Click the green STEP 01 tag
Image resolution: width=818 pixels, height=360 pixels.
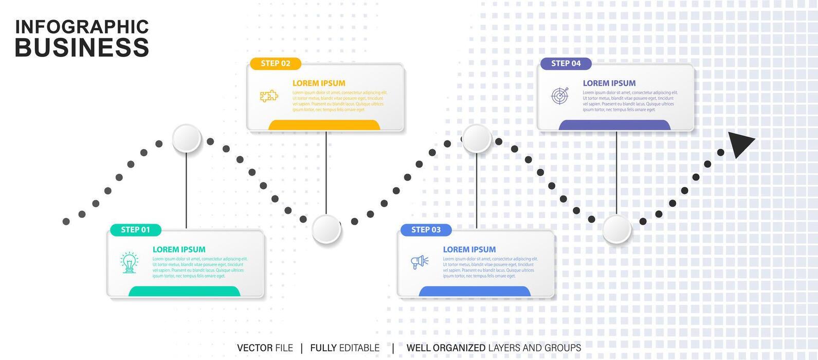pos(136,230)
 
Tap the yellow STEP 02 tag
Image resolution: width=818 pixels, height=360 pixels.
pos(276,64)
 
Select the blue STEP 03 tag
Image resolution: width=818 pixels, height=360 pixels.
pos(426,230)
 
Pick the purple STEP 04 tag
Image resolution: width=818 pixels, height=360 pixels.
pos(566,64)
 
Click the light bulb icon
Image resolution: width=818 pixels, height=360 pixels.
pos(130,262)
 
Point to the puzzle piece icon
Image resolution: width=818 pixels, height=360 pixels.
pos(269,96)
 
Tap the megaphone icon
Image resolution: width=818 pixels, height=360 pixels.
pos(420,262)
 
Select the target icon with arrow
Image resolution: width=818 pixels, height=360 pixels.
pos(560,96)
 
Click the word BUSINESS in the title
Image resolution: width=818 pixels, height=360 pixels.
pos(82,48)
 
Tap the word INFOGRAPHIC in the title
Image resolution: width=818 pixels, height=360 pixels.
pos(82,27)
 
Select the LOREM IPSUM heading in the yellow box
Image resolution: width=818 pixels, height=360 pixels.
pos(319,83)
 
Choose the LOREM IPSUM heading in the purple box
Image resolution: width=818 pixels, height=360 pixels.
pos(609,83)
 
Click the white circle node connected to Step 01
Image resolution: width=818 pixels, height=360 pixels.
pos(187,138)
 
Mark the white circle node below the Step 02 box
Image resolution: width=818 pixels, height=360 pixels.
pos(326,229)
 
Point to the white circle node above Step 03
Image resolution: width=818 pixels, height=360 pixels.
pos(477,138)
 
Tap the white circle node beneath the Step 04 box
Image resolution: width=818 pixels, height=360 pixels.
pos(616,229)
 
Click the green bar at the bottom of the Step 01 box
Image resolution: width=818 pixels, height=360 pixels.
pos(184,292)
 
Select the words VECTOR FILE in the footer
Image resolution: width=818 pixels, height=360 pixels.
pos(265,348)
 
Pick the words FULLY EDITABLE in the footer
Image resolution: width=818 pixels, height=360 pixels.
pos(344,348)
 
